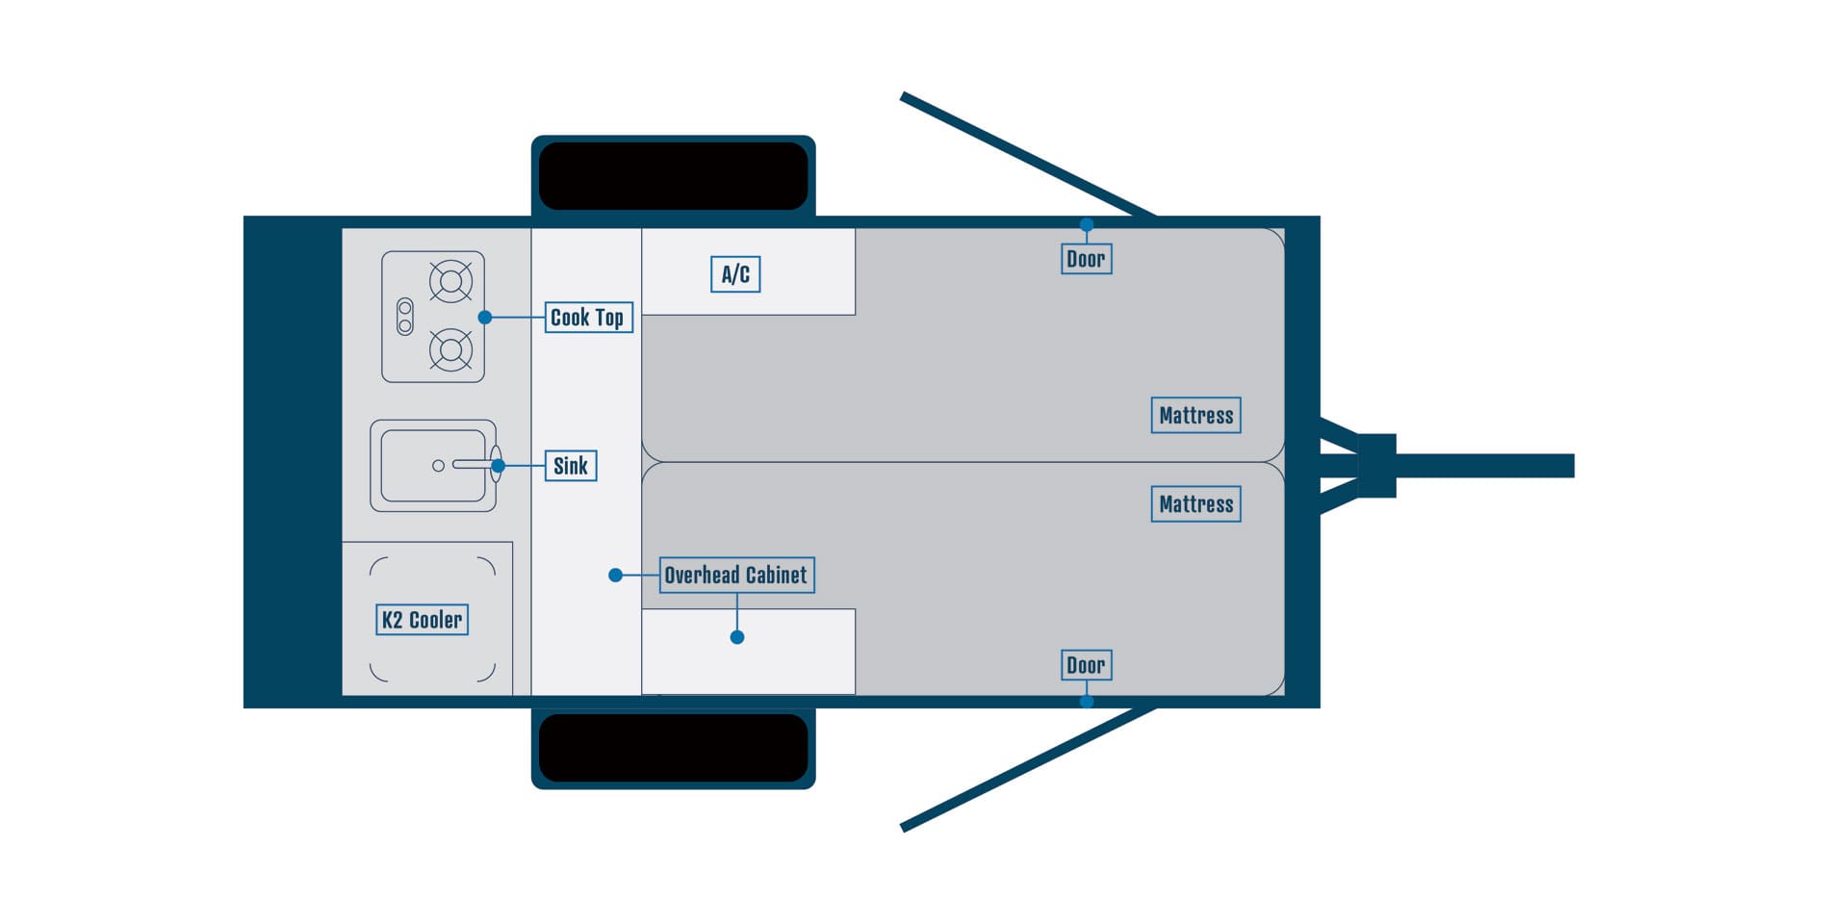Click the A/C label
[x=735, y=274]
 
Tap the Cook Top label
[x=588, y=318]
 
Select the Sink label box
[x=571, y=466]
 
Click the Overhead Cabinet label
[x=736, y=576]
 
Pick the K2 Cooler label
[x=422, y=620]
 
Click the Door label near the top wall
[x=1086, y=259]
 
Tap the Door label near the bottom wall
[x=1086, y=665]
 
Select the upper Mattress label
[x=1195, y=416]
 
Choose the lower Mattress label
[x=1195, y=504]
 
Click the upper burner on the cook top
[x=450, y=282]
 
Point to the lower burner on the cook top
[x=450, y=349]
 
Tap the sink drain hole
[x=438, y=466]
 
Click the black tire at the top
[x=673, y=176]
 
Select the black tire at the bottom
[x=673, y=748]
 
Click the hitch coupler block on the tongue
[x=1376, y=466]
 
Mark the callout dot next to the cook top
[x=485, y=318]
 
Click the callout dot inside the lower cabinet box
[x=737, y=637]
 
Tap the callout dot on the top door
[x=1087, y=225]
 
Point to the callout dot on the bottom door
[x=1087, y=702]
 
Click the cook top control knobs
[x=405, y=317]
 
